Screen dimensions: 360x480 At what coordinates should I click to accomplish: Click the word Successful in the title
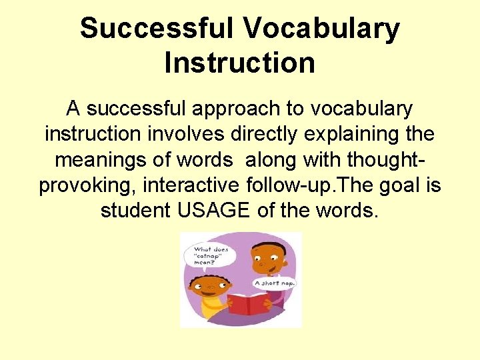tap(155, 29)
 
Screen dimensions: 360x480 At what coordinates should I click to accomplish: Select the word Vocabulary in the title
tap(321, 29)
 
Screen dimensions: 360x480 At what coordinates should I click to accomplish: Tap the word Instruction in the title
tap(239, 63)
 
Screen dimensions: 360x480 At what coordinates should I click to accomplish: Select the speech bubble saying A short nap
tap(275, 283)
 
